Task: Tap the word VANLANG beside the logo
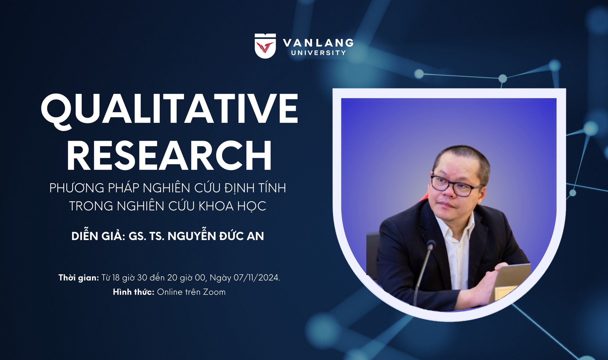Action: point(318,43)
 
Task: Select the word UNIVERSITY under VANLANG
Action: point(319,53)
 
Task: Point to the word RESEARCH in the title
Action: point(169,156)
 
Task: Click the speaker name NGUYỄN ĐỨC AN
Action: point(216,236)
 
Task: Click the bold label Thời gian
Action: point(79,278)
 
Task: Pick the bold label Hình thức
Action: point(134,292)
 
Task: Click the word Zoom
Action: point(214,292)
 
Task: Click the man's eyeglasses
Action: point(456,185)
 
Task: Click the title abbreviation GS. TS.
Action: point(146,236)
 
